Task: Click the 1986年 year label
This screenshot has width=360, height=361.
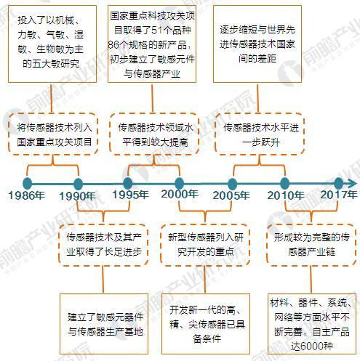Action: tap(27, 195)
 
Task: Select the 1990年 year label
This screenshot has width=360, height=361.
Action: tap(77, 196)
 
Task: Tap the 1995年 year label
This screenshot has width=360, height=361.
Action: tap(130, 195)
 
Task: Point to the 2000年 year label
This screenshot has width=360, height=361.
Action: tap(180, 194)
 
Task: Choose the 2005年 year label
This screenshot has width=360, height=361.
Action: tap(231, 195)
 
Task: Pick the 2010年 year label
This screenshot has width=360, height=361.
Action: tap(286, 195)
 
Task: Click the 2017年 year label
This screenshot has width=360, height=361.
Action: tap(339, 195)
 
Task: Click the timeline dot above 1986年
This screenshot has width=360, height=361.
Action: tap(28, 183)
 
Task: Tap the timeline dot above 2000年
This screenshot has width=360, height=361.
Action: tap(179, 184)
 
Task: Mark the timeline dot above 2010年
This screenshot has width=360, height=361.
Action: tap(284, 184)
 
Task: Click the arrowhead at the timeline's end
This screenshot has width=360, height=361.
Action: tap(353, 184)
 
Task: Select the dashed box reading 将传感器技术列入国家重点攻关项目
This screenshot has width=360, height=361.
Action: tap(53, 134)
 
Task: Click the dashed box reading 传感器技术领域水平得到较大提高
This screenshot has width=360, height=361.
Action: tap(154, 134)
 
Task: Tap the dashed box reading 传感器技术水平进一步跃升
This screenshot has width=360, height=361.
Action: tap(260, 134)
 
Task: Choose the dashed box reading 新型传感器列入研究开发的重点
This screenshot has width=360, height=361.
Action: tap(205, 245)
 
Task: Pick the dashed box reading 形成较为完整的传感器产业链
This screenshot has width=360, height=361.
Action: tap(311, 245)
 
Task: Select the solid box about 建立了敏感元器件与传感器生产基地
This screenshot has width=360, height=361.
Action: tap(104, 324)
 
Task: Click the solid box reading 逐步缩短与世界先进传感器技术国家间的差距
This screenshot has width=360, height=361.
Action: tap(257, 44)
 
